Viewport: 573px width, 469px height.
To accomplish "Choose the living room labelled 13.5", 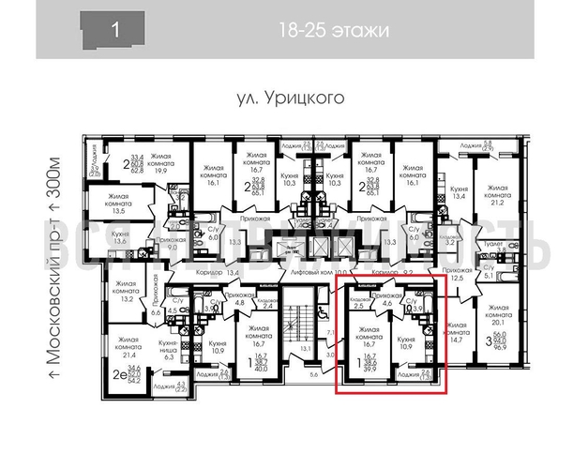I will (x=117, y=204).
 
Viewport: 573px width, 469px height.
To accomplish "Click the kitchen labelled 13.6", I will (x=119, y=238).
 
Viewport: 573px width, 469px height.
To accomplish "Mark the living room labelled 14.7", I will (x=458, y=334).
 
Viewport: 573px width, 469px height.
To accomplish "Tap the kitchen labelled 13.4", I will (x=457, y=192).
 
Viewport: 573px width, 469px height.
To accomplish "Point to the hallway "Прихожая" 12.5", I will (x=456, y=274).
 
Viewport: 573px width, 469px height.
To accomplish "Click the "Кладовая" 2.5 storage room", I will (x=357, y=301).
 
